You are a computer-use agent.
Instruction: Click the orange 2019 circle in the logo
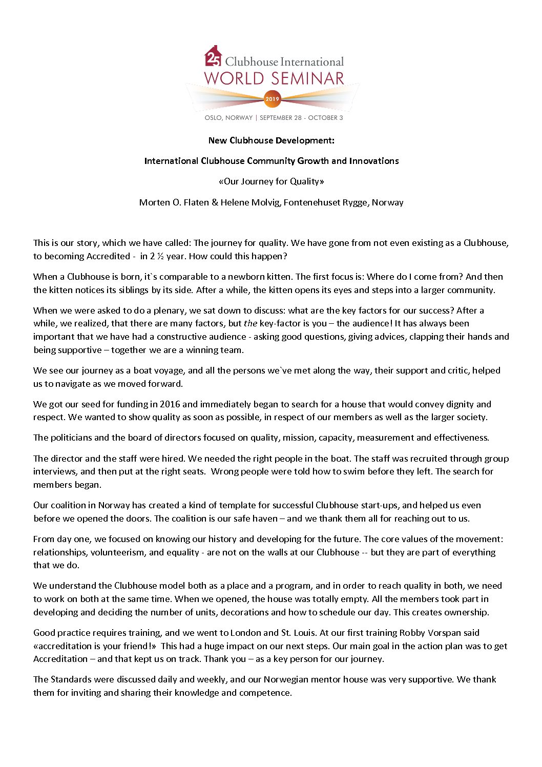pyautogui.click(x=272, y=99)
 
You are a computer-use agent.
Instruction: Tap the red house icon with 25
pyautogui.click(x=213, y=56)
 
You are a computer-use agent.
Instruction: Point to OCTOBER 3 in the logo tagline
pyautogui.click(x=325, y=118)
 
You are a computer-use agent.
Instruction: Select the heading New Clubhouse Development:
pyautogui.click(x=271, y=140)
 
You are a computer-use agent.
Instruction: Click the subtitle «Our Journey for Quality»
pyautogui.click(x=271, y=181)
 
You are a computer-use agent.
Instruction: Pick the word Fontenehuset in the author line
pyautogui.click(x=310, y=202)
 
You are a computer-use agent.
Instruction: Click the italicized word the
pyautogui.click(x=251, y=323)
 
